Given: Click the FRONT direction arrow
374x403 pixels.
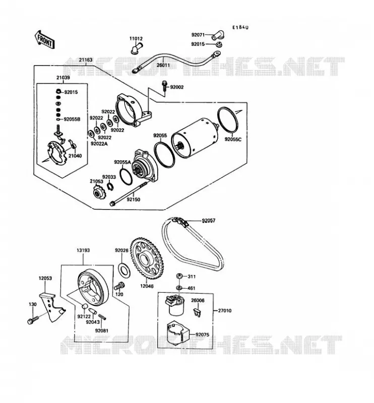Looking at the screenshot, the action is [44, 40].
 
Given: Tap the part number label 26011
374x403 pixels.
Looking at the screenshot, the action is [163, 65].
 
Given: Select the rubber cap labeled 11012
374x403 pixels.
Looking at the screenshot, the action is [136, 48].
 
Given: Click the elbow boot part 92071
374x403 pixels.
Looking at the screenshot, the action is [218, 35].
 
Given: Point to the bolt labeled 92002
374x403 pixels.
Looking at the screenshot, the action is [164, 86].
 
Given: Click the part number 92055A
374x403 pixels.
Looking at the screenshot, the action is [122, 162].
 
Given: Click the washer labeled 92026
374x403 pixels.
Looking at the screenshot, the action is [124, 270].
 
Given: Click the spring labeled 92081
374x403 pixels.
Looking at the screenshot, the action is [102, 317].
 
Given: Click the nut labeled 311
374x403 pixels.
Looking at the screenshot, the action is [179, 277].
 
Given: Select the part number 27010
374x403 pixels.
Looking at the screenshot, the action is [225, 311].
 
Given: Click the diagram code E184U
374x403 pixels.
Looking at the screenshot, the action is [240, 27].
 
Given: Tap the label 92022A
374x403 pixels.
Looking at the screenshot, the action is [99, 144].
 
